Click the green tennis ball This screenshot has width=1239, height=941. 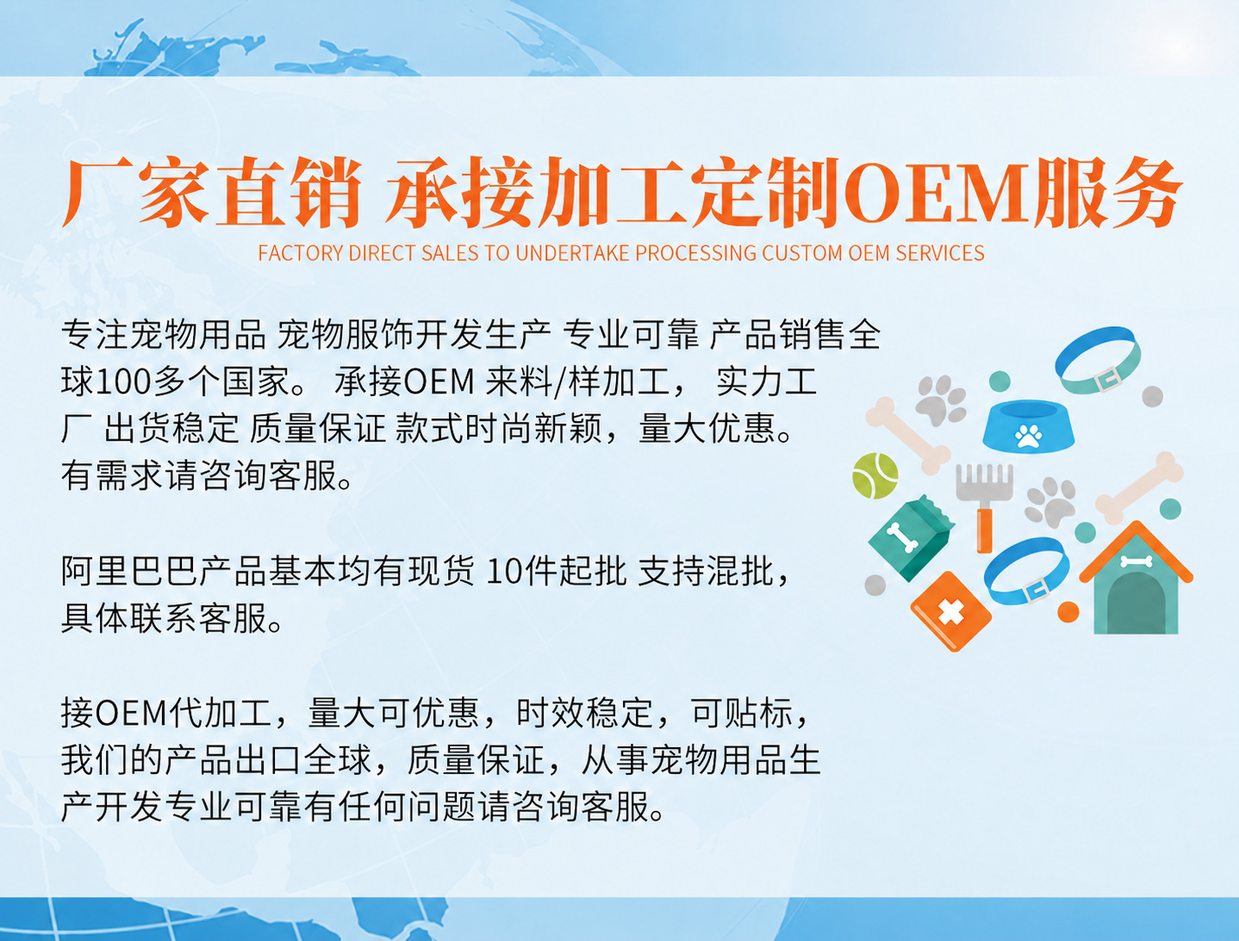click(875, 476)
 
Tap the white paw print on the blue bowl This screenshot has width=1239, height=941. click(1029, 436)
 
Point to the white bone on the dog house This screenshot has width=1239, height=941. click(1135, 561)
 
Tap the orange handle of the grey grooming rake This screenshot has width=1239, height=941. click(984, 530)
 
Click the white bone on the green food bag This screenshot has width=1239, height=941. click(901, 536)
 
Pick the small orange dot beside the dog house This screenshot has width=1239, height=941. click(1068, 612)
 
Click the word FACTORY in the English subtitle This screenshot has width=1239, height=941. click(301, 253)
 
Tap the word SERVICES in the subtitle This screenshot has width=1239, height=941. click(940, 253)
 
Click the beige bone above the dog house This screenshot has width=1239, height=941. click(1139, 485)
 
